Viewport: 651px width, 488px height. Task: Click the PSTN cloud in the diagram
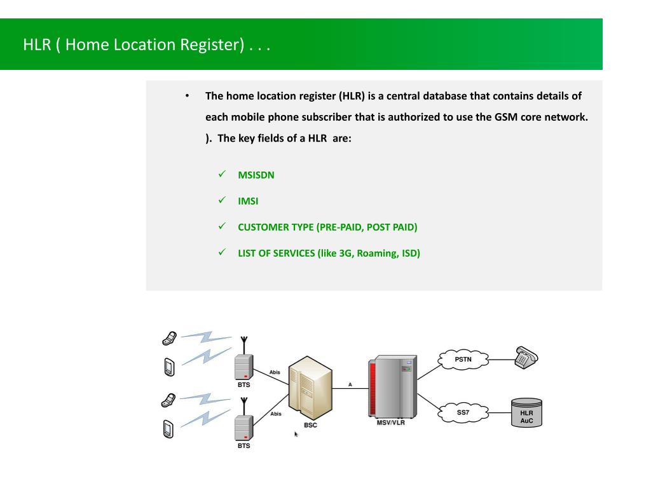463,359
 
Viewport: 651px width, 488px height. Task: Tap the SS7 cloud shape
463,412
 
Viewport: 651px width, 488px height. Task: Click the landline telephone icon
526,358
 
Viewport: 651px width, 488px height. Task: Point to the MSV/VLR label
390,423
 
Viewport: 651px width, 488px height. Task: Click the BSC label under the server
310,425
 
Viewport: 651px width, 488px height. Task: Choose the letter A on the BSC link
350,384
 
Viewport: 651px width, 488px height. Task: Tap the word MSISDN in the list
256,175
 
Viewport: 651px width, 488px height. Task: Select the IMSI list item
248,201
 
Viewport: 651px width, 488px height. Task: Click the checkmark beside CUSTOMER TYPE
223,226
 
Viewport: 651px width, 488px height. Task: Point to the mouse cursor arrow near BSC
296,434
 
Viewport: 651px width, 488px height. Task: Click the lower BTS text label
244,445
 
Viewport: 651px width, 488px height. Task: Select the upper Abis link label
275,372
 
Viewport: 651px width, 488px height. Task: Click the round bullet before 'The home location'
188,96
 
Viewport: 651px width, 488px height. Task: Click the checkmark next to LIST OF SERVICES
223,252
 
